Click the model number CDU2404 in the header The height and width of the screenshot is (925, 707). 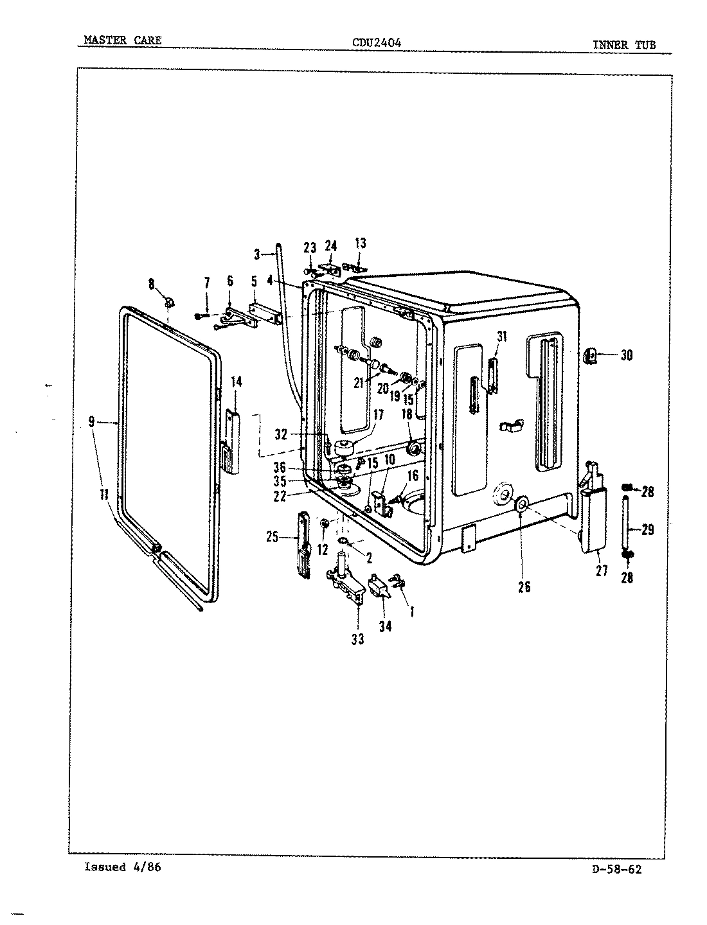coord(377,43)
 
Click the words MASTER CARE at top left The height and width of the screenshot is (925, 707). coord(123,40)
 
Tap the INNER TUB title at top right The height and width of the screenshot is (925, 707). coord(623,45)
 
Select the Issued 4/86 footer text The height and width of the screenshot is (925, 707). coord(122,867)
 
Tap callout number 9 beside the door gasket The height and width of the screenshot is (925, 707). coord(91,422)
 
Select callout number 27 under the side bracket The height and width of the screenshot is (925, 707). coord(602,570)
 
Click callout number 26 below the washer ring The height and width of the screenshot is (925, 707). coord(524,586)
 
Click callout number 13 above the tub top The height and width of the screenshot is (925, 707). coord(360,243)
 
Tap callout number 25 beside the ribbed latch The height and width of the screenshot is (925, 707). coord(273,537)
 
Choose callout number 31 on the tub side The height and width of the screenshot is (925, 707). coord(501,337)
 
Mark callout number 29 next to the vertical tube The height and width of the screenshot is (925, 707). coord(647,529)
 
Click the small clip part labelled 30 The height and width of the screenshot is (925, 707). coord(590,355)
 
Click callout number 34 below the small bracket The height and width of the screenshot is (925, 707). coord(385,626)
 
